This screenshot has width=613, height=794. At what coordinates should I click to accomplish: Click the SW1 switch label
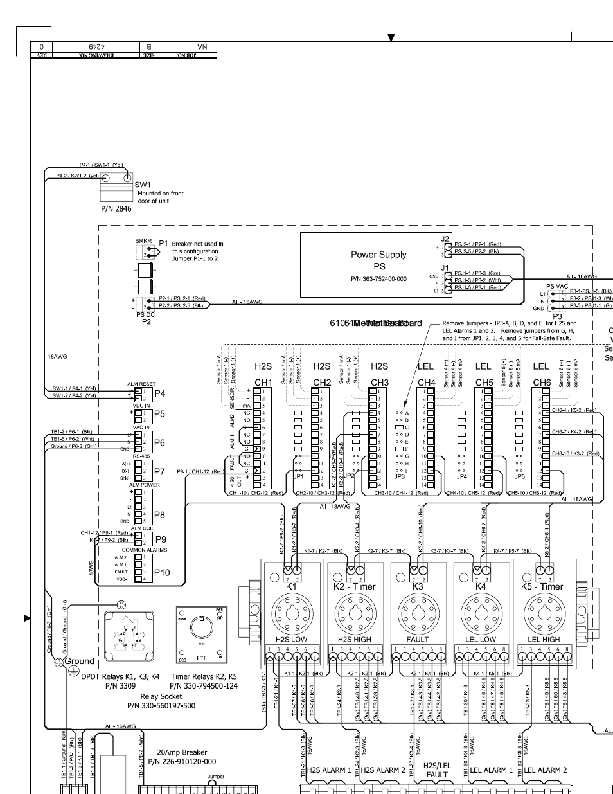[x=142, y=185]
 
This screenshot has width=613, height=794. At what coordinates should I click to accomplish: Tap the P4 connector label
[x=159, y=393]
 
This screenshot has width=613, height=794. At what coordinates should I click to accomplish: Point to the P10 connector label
[x=162, y=572]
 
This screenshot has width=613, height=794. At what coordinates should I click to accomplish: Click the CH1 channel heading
[x=263, y=382]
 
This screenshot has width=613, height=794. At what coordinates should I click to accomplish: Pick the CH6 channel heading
[x=542, y=382]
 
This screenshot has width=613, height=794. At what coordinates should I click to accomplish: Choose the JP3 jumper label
[x=399, y=476]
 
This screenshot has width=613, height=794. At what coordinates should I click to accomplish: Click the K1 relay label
[x=291, y=586]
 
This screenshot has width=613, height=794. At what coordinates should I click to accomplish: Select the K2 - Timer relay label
[x=355, y=586]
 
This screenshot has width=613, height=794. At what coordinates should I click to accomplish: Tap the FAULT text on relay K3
[x=418, y=640]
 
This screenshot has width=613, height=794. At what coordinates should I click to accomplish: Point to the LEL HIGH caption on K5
[x=544, y=640]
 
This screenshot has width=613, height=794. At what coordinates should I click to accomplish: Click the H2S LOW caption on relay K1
[x=291, y=640]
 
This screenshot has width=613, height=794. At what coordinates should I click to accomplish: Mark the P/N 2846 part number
[x=116, y=208]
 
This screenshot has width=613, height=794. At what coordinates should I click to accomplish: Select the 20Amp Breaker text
[x=182, y=752]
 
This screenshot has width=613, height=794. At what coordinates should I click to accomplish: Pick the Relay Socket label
[x=161, y=696]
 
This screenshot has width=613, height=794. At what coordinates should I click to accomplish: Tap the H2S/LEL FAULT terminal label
[x=437, y=770]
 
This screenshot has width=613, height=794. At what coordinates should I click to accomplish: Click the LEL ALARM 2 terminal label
[x=546, y=770]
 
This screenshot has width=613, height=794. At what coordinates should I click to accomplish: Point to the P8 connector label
[x=159, y=514]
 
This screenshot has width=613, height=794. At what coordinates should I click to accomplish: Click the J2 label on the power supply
[x=445, y=239]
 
